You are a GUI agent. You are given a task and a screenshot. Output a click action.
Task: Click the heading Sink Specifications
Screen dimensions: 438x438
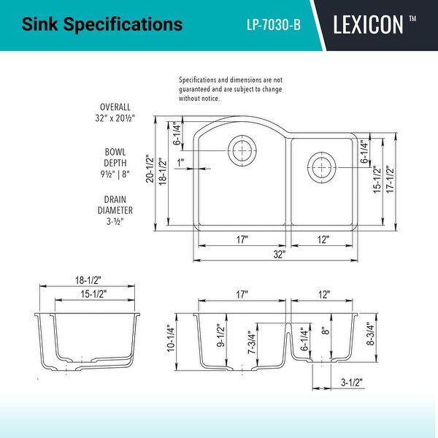click(x=102, y=25)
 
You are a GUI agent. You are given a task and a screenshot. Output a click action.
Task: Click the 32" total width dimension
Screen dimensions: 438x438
click(x=279, y=255)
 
